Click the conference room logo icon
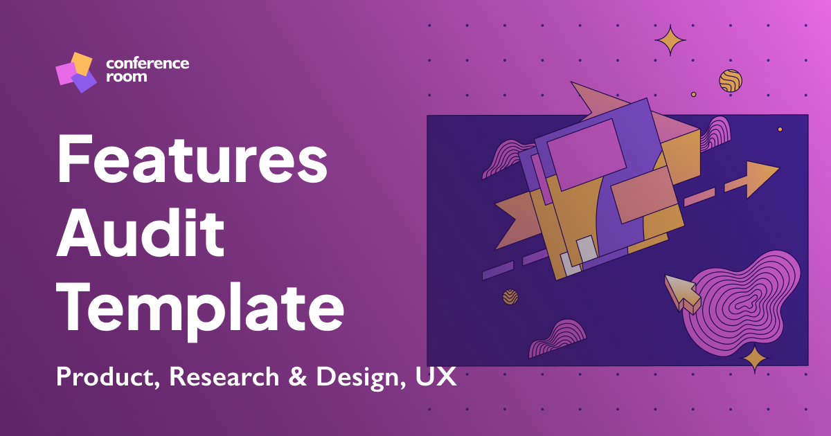pyautogui.click(x=75, y=72)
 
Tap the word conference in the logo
pyautogui.click(x=148, y=64)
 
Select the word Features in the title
pyautogui.click(x=192, y=161)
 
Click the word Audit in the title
pyautogui.click(x=141, y=233)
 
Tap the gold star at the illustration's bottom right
pyautogui.click(x=755, y=358)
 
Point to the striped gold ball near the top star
pyautogui.click(x=730, y=81)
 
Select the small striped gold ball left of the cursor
pyautogui.click(x=510, y=297)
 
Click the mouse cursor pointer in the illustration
pyautogui.click(x=681, y=291)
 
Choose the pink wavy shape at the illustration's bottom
pyautogui.click(x=556, y=339)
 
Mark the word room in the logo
pyautogui.click(x=127, y=78)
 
